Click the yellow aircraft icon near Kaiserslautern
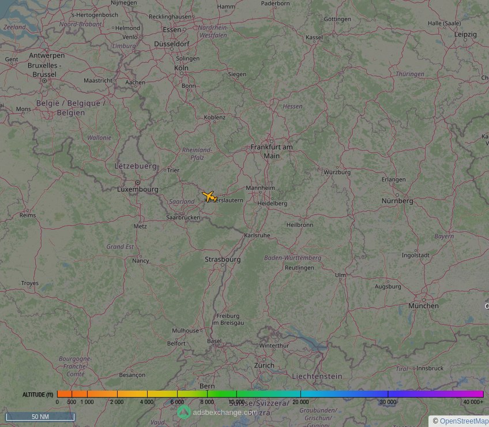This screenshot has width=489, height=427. (209, 196)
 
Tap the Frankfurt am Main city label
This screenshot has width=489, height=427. (272, 151)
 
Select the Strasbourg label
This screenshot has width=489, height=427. (223, 260)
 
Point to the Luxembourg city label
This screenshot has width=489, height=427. (138, 189)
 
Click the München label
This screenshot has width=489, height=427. (423, 306)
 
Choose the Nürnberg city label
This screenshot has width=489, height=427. (397, 201)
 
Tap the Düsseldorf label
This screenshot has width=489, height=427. (172, 44)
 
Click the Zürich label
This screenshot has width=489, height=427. (265, 365)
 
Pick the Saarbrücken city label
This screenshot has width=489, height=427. (183, 218)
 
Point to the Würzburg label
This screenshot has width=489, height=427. (337, 172)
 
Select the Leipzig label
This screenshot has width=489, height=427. (465, 35)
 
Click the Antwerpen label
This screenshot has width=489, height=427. (47, 55)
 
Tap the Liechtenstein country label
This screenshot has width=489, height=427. (317, 376)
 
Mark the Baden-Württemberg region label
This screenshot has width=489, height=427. (292, 257)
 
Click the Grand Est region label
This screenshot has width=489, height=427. (120, 246)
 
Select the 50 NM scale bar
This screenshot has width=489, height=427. (40, 417)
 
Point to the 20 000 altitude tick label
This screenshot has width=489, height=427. (300, 402)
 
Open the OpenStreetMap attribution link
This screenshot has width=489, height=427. (464, 421)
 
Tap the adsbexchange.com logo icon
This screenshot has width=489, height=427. (183, 411)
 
